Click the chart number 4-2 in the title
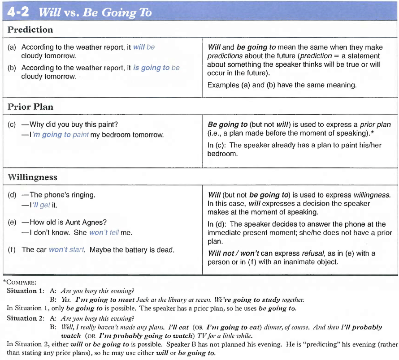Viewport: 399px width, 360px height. pyautogui.click(x=18, y=12)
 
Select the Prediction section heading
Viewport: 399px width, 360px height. pyautogui.click(x=30, y=30)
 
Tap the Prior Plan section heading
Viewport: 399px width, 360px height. pyautogui.click(x=30, y=107)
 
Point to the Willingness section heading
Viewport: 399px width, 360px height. pyautogui.click(x=33, y=177)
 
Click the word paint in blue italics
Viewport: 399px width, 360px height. pyautogui.click(x=81, y=134)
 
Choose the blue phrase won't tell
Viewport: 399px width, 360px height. pyautogui.click(x=105, y=232)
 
